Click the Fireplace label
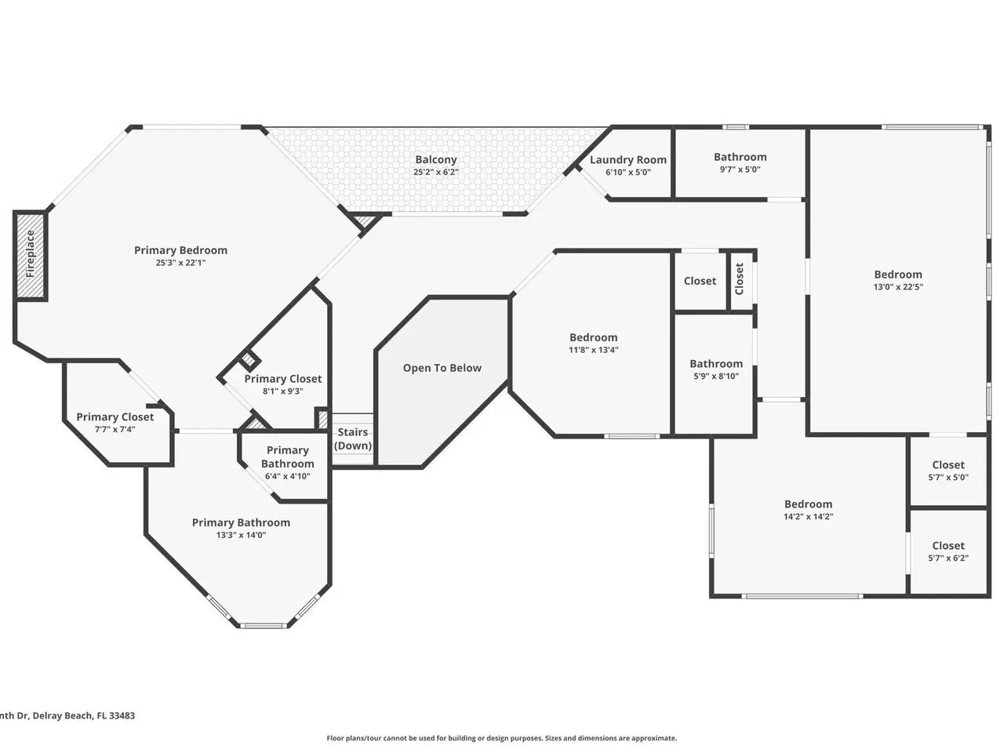30,253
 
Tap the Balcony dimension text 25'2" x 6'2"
435,172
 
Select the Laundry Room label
627,159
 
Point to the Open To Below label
442,368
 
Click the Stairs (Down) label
353,439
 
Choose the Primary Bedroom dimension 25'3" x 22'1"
180,263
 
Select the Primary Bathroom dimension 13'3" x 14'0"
241,535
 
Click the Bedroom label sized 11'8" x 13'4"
593,337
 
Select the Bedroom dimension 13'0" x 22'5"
898,286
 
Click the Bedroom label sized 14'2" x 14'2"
808,504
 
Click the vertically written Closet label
739,279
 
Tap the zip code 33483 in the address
122,715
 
